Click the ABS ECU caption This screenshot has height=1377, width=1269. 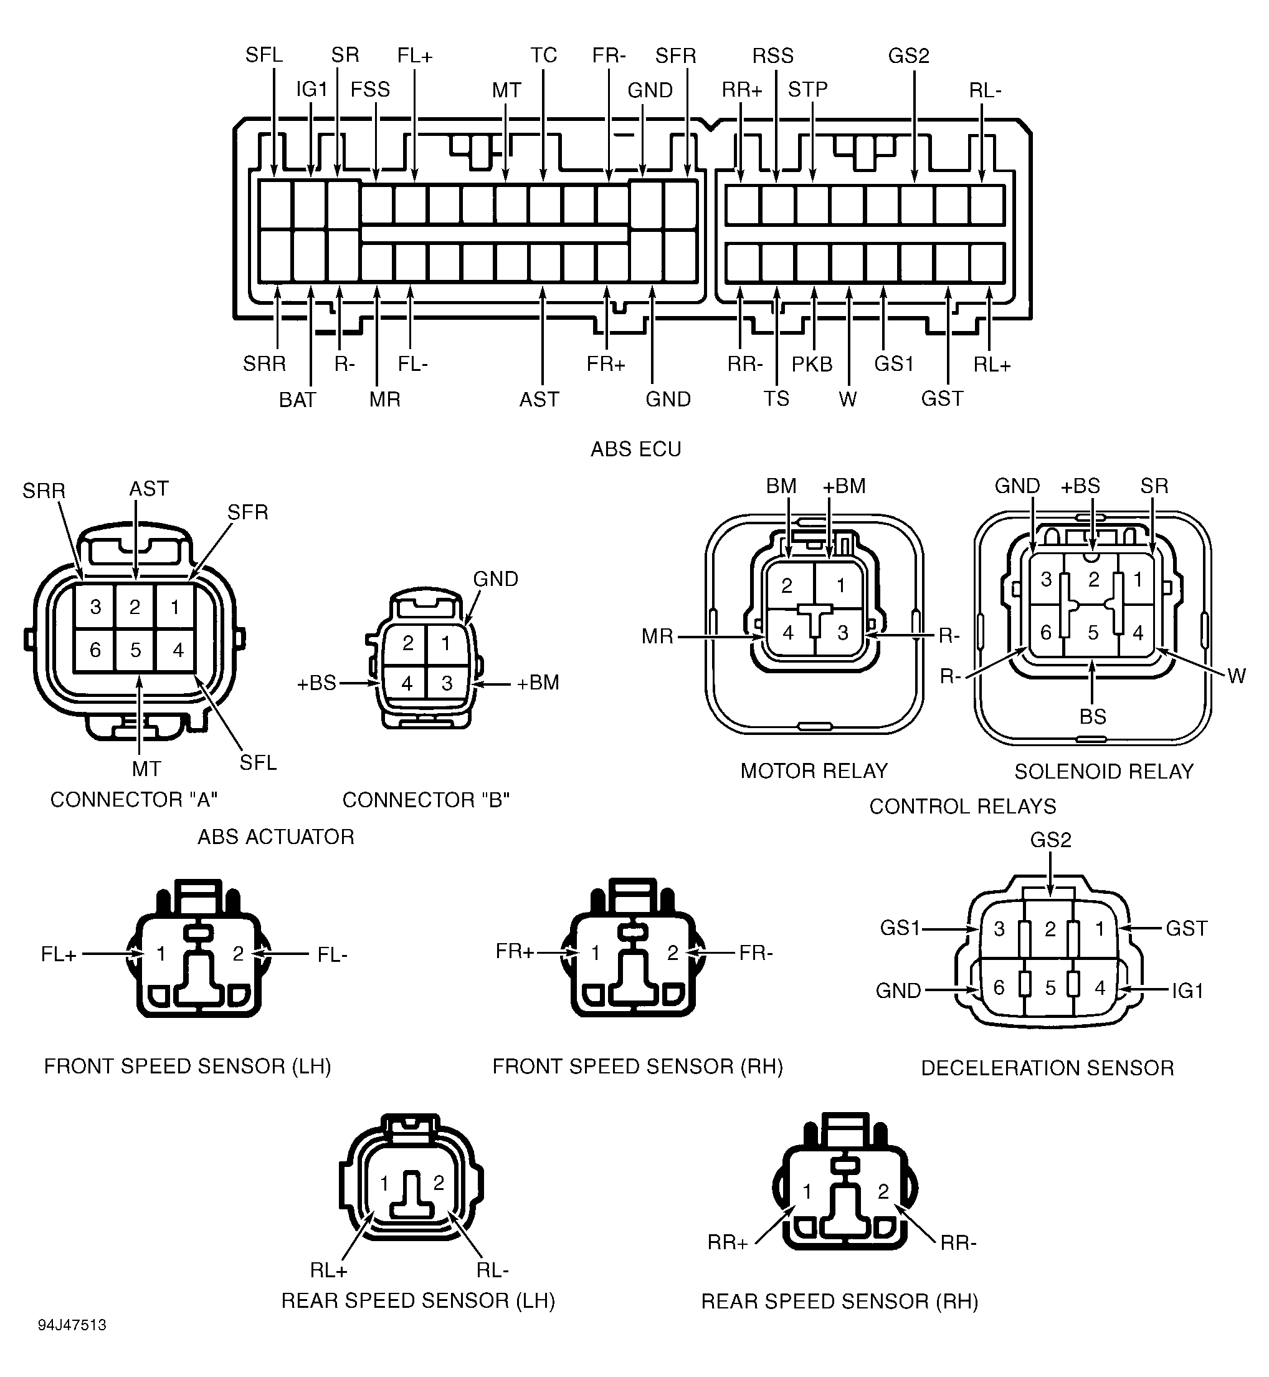click(x=636, y=449)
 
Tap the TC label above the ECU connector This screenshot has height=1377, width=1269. click(x=543, y=55)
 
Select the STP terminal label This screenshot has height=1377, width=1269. click(x=807, y=89)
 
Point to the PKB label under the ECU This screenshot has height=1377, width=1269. click(x=812, y=364)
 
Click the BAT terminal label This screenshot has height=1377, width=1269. click(x=297, y=400)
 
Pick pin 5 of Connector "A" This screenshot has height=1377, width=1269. click(x=135, y=650)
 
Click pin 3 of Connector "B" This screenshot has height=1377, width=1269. click(x=447, y=683)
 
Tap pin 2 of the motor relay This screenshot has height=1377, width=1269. click(x=787, y=585)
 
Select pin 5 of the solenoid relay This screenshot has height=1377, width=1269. click(x=1093, y=632)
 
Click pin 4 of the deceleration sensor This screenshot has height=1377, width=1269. click(x=1100, y=987)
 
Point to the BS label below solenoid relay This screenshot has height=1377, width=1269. click(x=1093, y=717)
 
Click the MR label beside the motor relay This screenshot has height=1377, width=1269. click(x=657, y=636)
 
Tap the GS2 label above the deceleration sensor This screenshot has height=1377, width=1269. click(x=1050, y=840)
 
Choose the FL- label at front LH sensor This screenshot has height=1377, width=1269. click(x=333, y=955)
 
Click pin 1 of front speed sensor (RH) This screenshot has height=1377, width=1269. click(x=596, y=952)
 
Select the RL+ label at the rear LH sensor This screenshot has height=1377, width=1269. click(x=329, y=1270)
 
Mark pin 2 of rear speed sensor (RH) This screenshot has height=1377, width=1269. click(x=883, y=1191)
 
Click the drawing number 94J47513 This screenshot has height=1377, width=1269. click(x=72, y=1325)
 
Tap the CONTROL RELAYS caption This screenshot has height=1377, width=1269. click(x=962, y=806)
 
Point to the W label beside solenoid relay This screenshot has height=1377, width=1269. click(x=1237, y=676)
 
